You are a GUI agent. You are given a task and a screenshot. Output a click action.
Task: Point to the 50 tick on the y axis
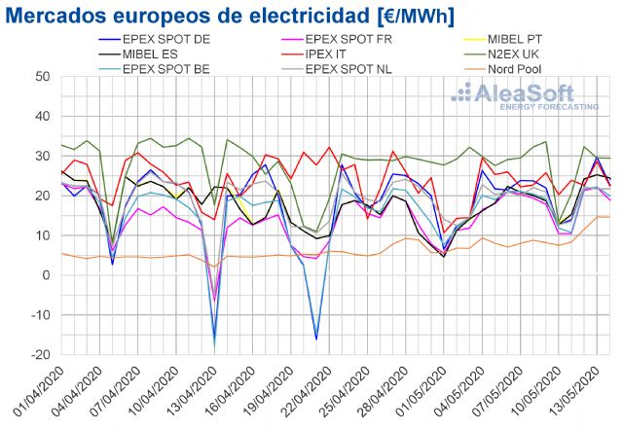[43, 77]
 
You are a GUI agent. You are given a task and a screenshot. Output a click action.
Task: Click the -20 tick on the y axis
[39, 354]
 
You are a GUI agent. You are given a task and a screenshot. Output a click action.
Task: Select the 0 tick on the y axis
[46, 275]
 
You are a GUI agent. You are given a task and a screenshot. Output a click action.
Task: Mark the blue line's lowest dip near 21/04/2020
[316, 339]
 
